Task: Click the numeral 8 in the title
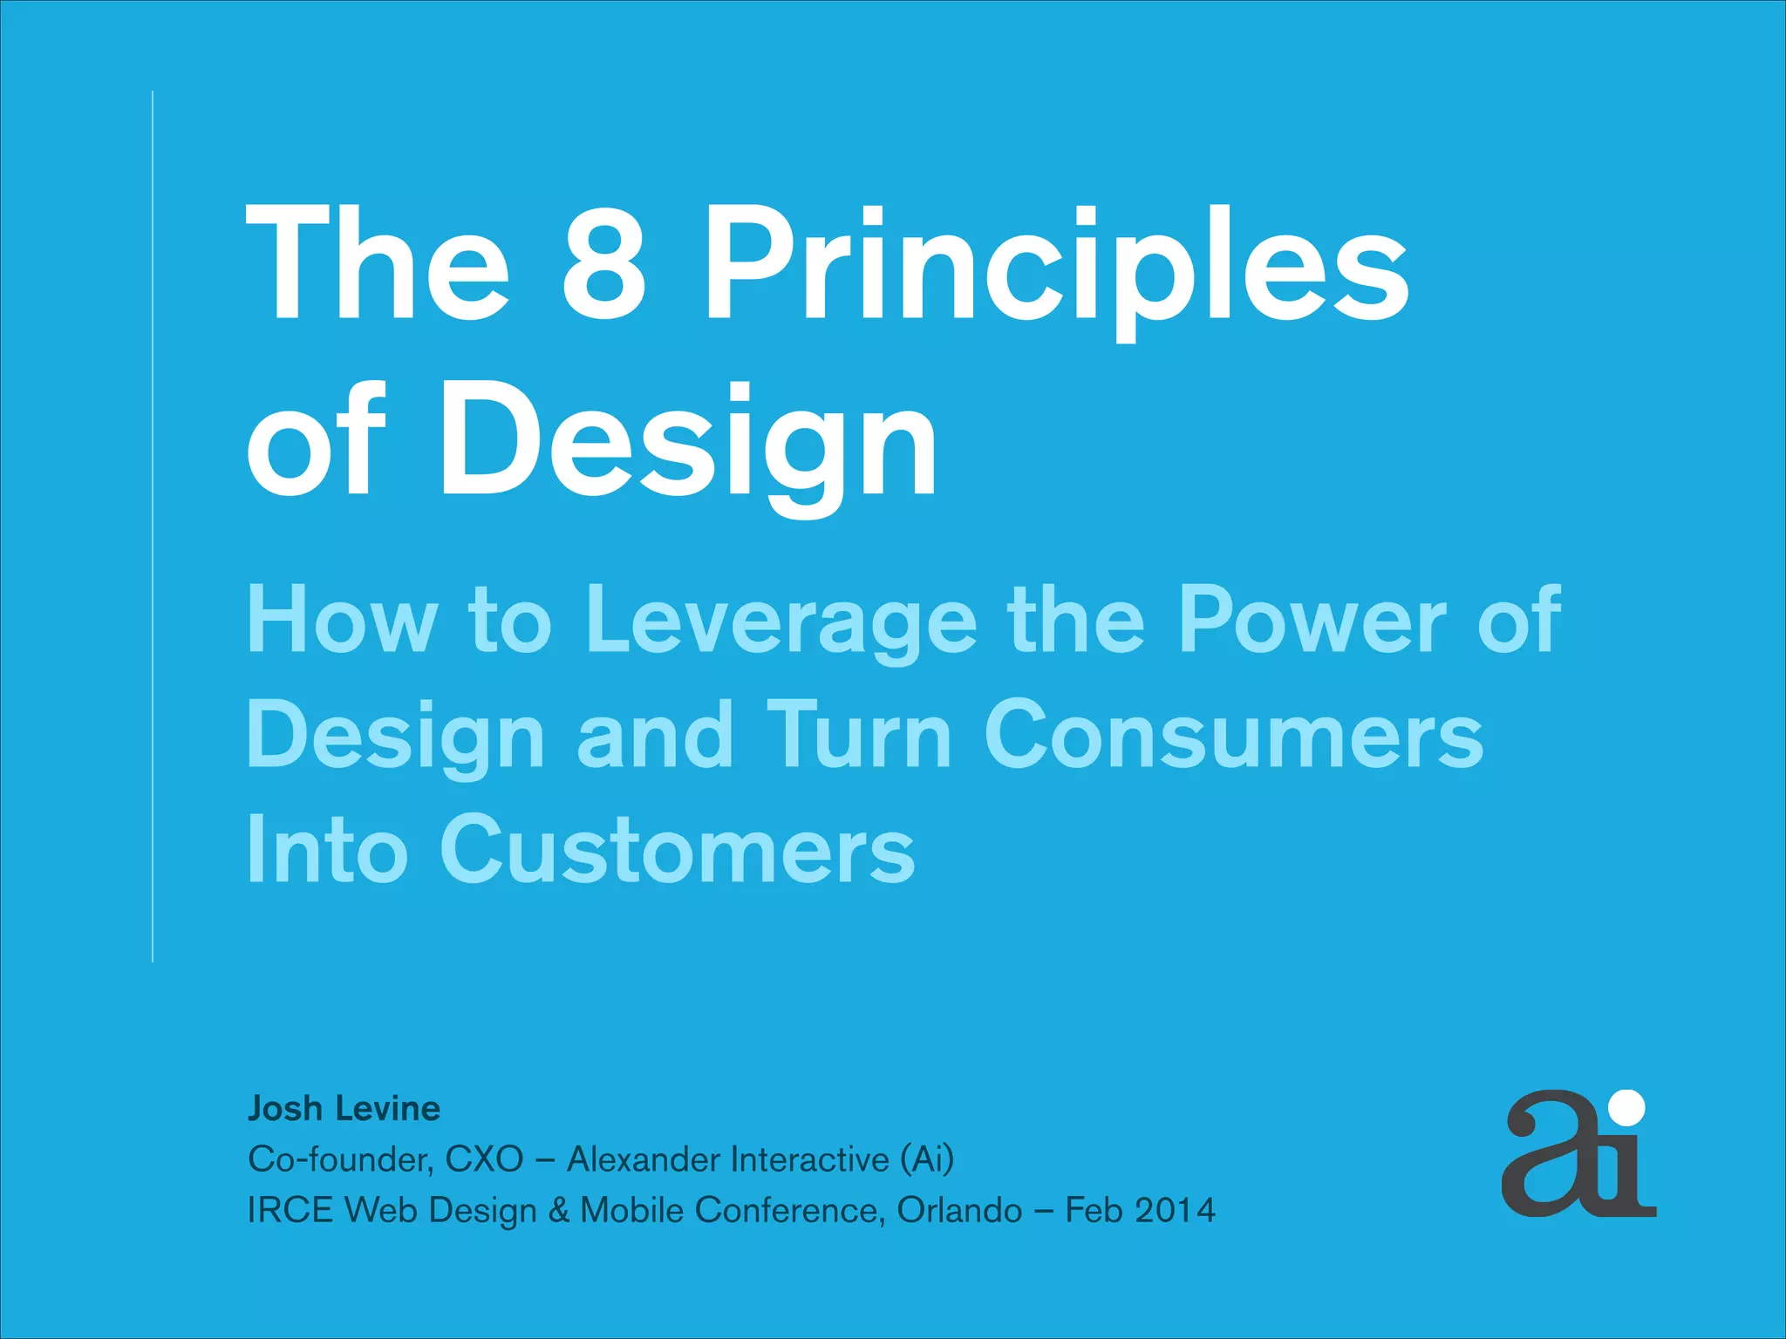(x=604, y=264)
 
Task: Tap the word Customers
(x=677, y=849)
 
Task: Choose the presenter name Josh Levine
(x=344, y=1109)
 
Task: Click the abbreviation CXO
(x=484, y=1159)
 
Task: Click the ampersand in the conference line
(x=558, y=1210)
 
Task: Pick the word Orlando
(x=959, y=1210)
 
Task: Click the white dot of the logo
(x=1627, y=1108)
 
